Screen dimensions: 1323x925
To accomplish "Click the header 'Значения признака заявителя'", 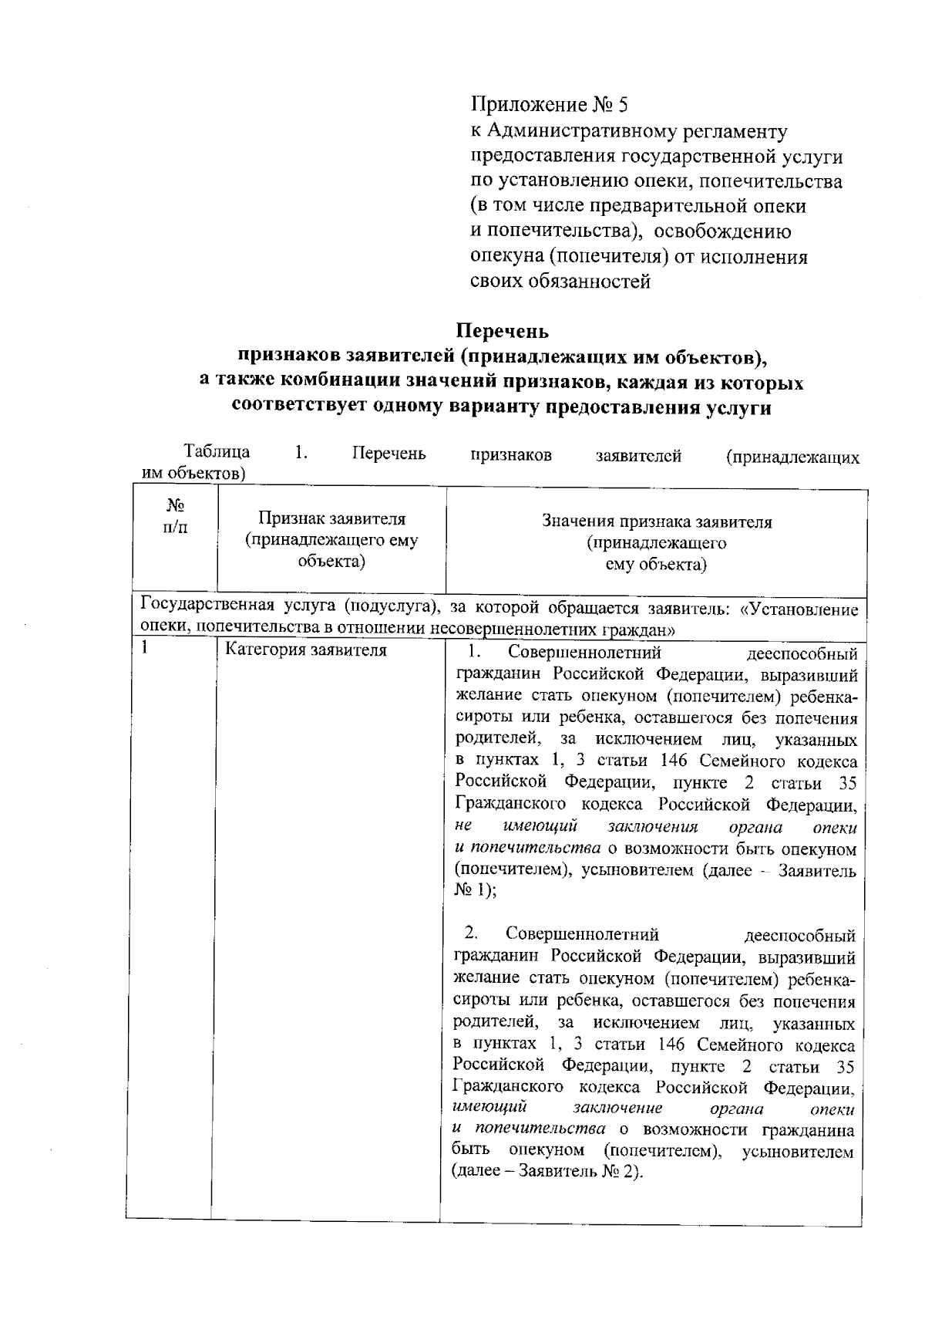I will tap(657, 522).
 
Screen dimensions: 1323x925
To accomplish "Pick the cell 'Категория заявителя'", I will tap(305, 650).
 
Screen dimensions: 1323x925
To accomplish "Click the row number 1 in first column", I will tap(144, 648).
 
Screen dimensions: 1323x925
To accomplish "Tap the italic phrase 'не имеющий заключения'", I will tap(577, 827).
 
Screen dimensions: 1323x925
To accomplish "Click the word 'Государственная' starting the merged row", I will tap(200, 609).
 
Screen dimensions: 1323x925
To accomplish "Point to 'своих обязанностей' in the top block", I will tap(560, 282).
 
